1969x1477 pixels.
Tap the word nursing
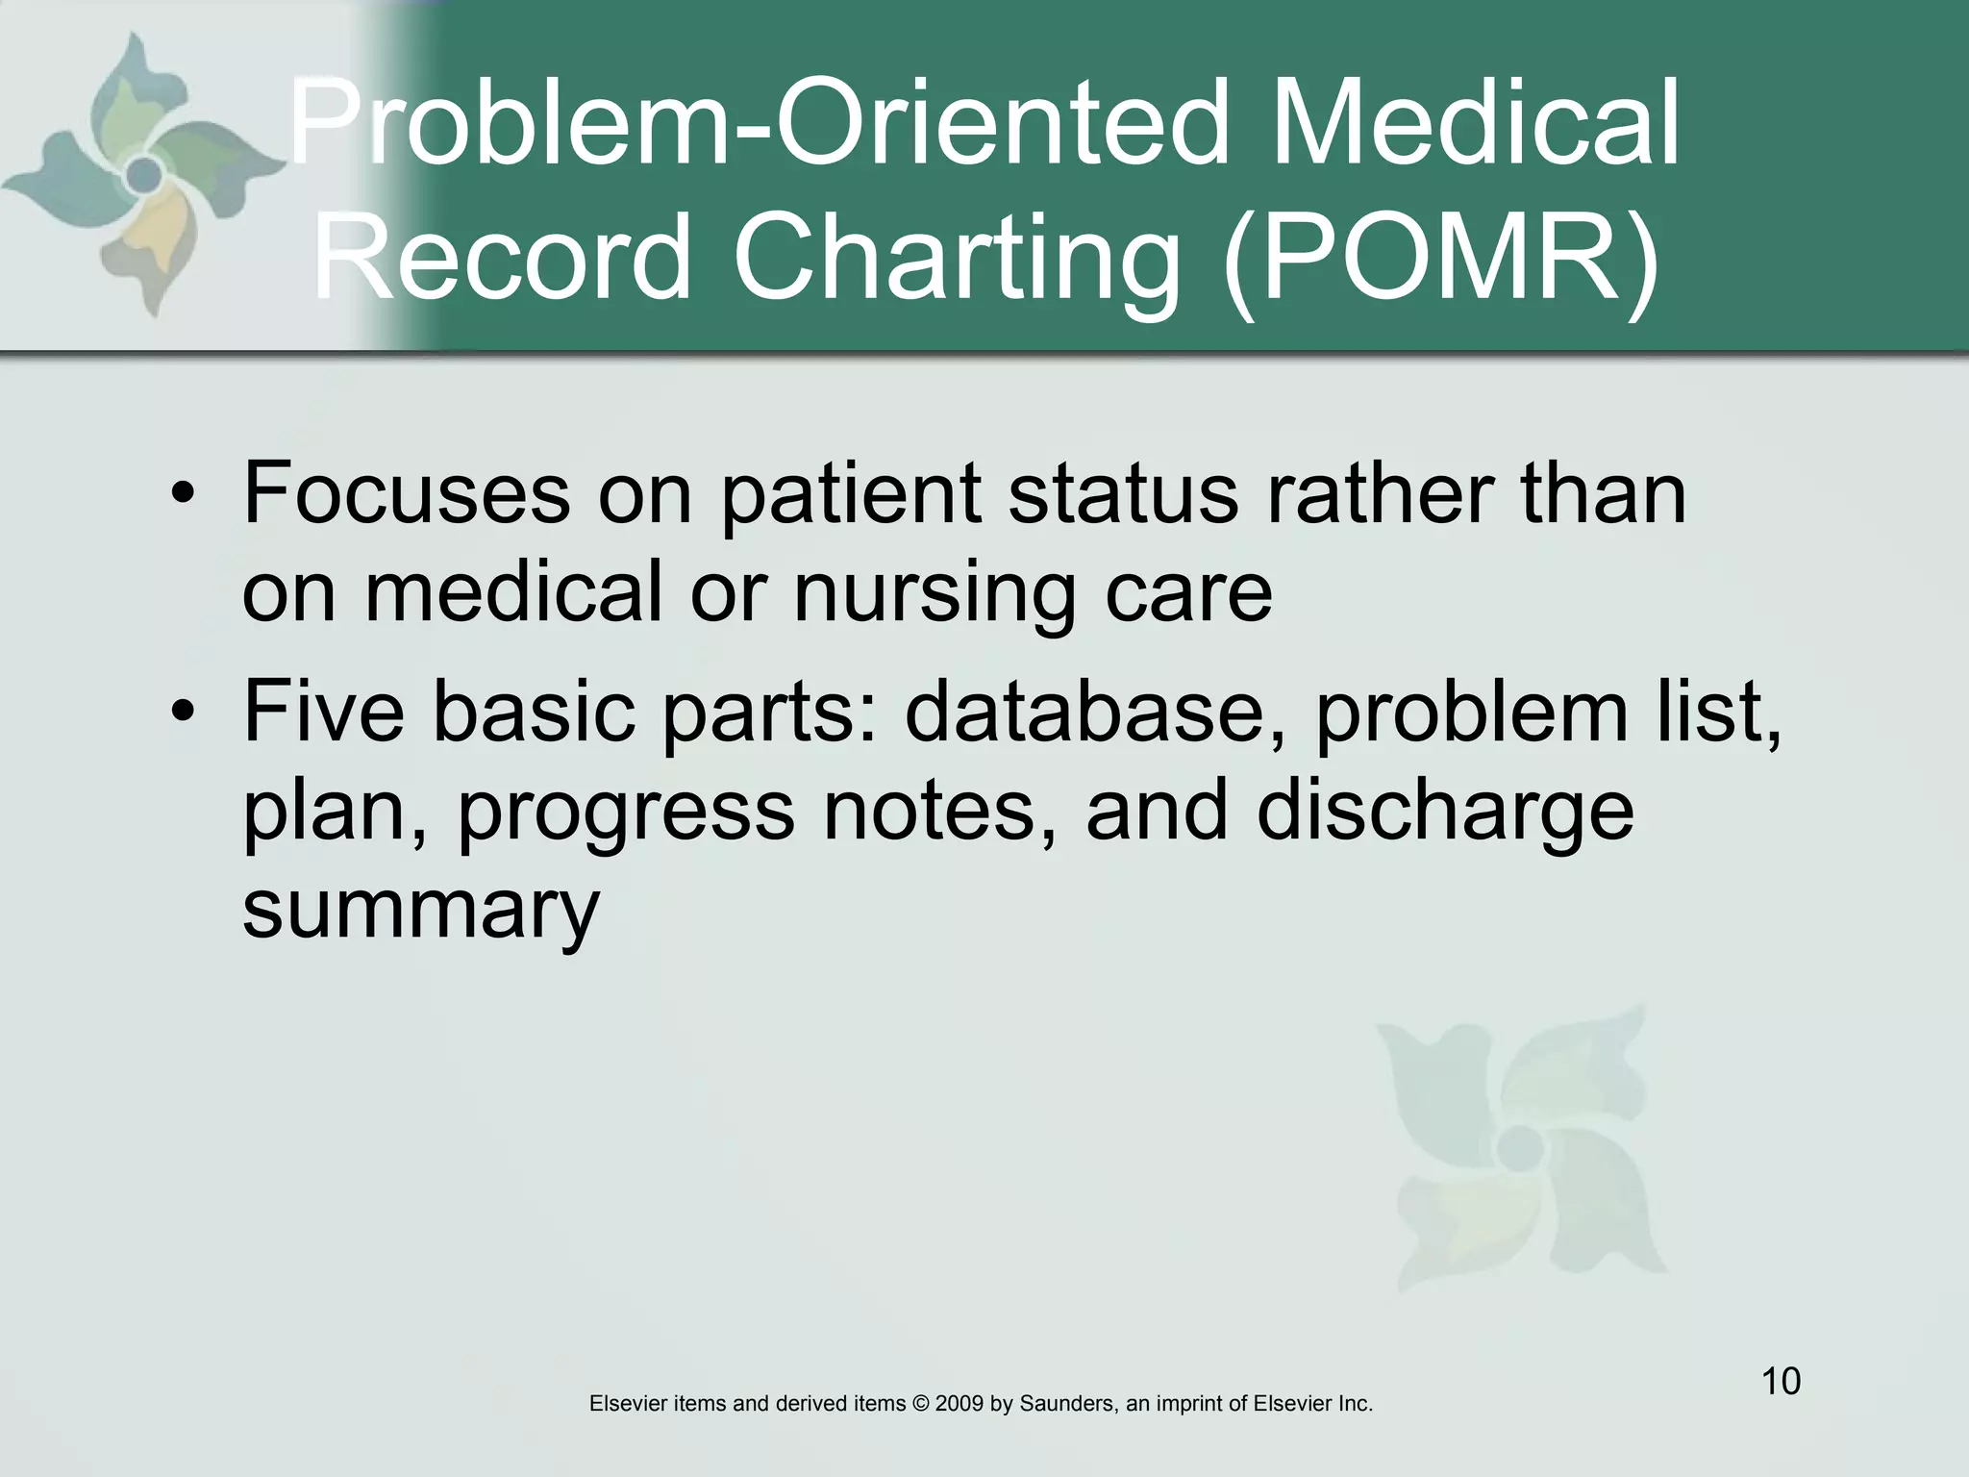(933, 593)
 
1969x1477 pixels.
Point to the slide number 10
(1781, 1382)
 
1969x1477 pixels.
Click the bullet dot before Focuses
(183, 496)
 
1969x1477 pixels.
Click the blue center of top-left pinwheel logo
(144, 175)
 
